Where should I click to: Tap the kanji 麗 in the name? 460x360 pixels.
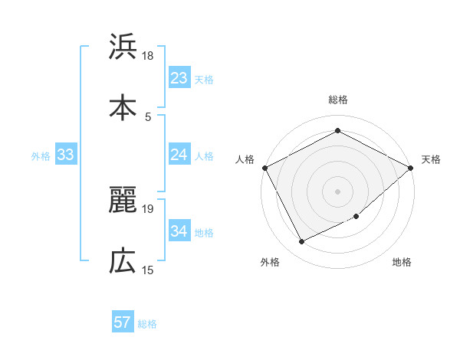(123, 201)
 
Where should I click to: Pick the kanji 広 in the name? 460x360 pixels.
(123, 260)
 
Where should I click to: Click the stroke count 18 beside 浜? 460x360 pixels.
(148, 56)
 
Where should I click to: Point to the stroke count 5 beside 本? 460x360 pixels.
(148, 116)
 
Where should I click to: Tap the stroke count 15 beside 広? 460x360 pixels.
(148, 270)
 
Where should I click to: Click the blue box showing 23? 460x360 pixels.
(179, 77)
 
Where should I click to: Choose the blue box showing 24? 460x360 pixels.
(179, 155)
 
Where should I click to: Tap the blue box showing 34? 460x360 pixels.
(179, 231)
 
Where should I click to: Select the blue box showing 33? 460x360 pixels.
(66, 155)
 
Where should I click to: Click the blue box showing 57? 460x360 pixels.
(123, 322)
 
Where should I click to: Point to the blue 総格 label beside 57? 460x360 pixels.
(147, 324)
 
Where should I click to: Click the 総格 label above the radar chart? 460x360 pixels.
(338, 100)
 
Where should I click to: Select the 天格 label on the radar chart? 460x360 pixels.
(431, 159)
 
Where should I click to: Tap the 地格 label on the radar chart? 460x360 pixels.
(402, 262)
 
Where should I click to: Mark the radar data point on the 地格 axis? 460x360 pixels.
(356, 217)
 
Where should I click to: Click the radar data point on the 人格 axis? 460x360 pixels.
(264, 167)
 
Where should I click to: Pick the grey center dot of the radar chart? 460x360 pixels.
(337, 191)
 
